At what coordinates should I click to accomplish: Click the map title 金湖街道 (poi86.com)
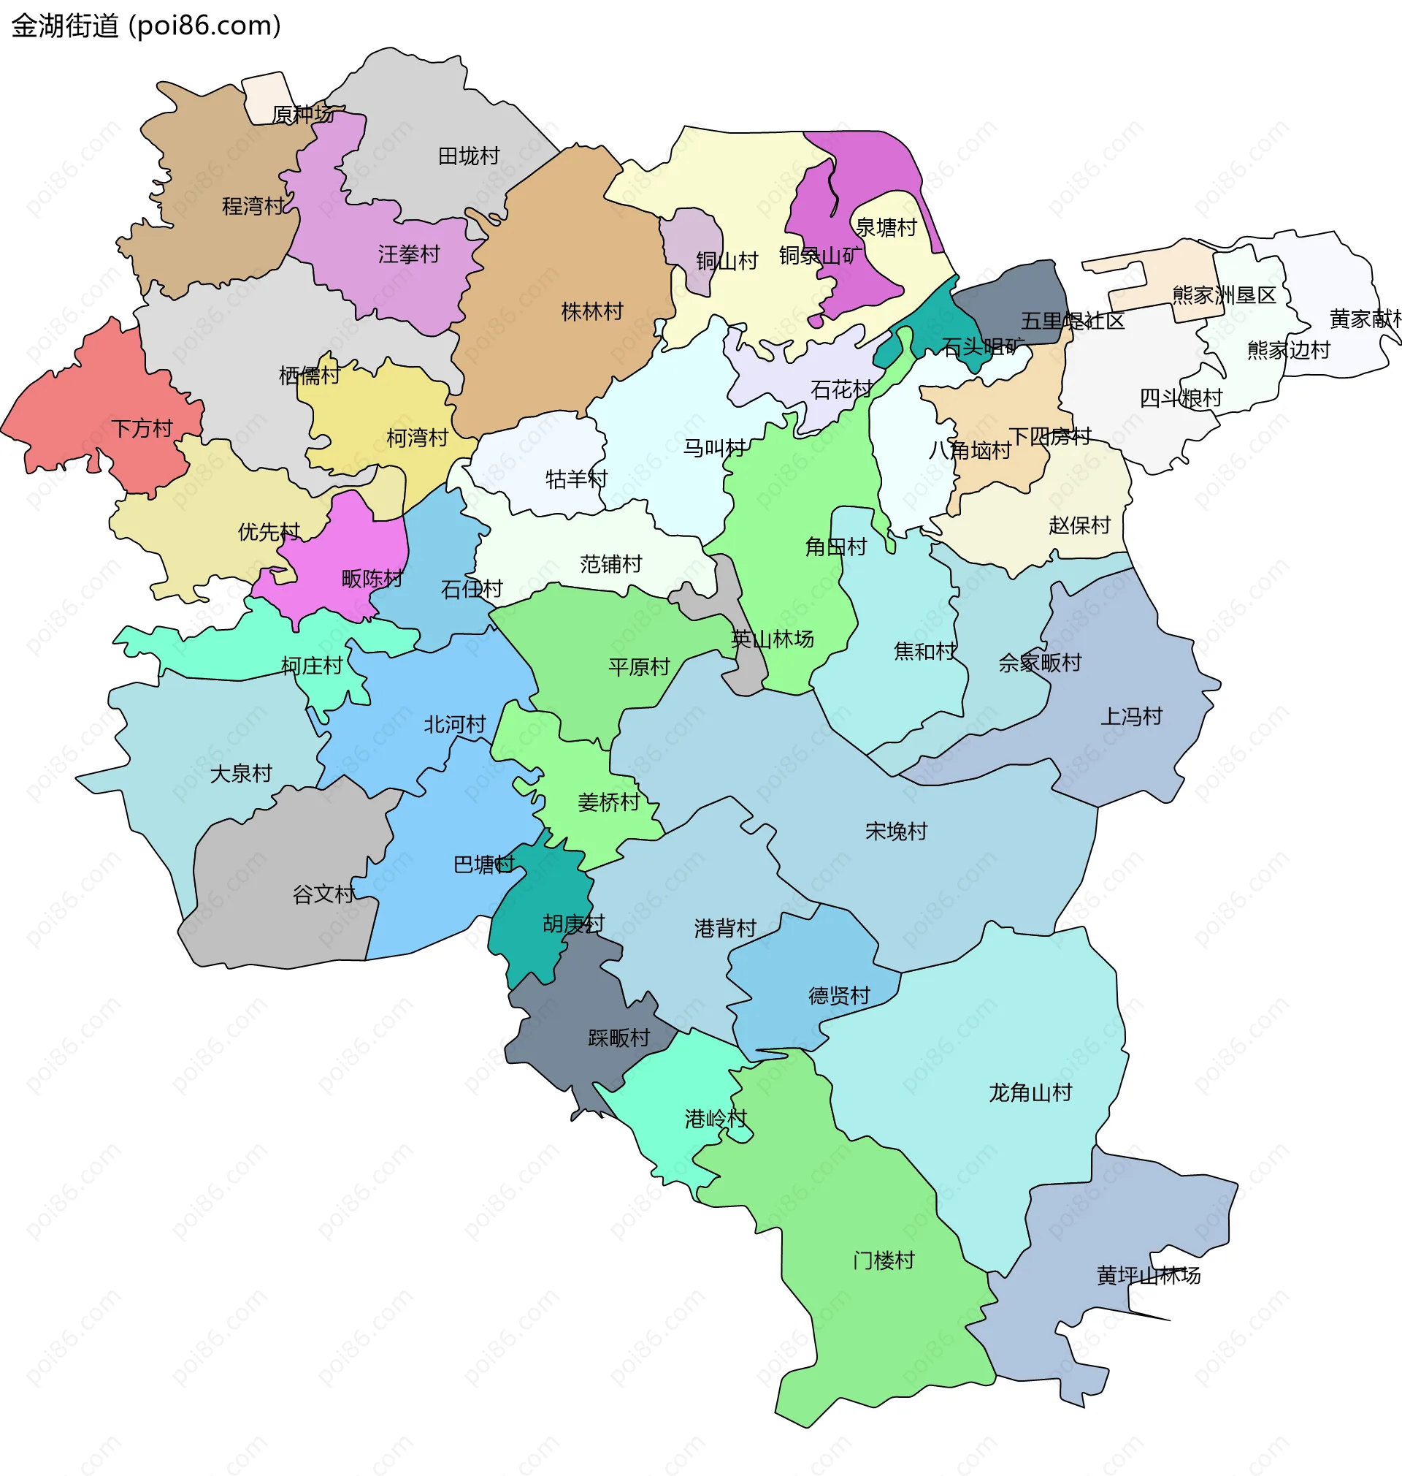pos(147,26)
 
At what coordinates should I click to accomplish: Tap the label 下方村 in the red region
pos(142,429)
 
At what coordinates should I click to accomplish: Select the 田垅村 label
pos(469,156)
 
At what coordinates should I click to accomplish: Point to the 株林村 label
pos(592,312)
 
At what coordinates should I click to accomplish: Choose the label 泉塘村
pos(886,227)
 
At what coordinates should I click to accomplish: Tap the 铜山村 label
pos(727,261)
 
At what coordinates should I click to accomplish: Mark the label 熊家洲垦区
pos(1223,295)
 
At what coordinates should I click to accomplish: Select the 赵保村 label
pos(1079,525)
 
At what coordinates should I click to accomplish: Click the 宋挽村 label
pos(896,832)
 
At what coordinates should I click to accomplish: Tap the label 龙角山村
pos(1030,1093)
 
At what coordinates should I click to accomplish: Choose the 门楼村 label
pos(884,1260)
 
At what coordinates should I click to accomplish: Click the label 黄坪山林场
pos(1148,1276)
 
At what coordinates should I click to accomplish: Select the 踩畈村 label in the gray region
pos(618,1038)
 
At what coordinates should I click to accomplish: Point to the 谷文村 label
pos(323,894)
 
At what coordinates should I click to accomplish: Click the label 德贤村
pos(839,996)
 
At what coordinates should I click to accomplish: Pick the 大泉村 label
pos(241,774)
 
